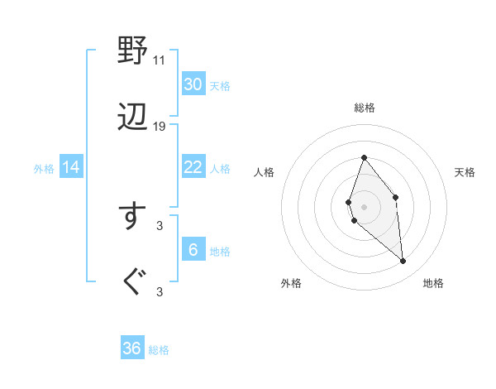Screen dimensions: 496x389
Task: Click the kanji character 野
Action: click(x=132, y=51)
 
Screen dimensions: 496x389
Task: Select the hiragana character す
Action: click(x=132, y=216)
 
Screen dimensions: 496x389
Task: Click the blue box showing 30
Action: click(x=193, y=84)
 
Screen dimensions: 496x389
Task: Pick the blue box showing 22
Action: click(x=193, y=167)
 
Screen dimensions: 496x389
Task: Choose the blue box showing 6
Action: click(x=193, y=250)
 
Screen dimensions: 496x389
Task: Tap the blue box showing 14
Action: click(x=71, y=167)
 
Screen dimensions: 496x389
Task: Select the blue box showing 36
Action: click(x=132, y=348)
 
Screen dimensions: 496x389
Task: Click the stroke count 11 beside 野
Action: click(x=159, y=60)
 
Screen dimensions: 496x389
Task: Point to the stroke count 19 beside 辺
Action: click(x=160, y=127)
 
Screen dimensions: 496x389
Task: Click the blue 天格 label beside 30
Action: click(x=220, y=86)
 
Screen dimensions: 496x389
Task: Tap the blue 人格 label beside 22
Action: click(x=220, y=169)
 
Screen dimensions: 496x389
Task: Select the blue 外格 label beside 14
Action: click(x=44, y=169)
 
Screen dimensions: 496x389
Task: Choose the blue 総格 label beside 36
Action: click(x=159, y=350)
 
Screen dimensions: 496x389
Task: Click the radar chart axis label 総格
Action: click(x=364, y=108)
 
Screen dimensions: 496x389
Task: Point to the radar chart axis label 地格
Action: click(x=433, y=283)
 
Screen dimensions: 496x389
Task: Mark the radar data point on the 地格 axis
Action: click(x=403, y=262)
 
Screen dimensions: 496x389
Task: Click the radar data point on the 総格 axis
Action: click(x=364, y=157)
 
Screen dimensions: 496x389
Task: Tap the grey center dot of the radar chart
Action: click(x=364, y=206)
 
